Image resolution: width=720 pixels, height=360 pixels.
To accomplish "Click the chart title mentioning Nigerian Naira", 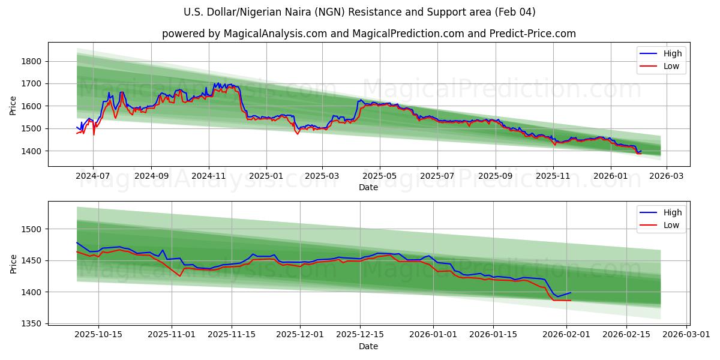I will pyautogui.click(x=360, y=12).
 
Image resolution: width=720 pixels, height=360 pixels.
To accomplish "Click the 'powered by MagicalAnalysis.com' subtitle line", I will pyautogui.click(x=368, y=34).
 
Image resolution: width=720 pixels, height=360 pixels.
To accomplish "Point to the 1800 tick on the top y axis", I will pyautogui.click(x=31, y=61).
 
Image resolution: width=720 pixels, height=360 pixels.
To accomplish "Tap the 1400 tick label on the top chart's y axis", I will pyautogui.click(x=31, y=151).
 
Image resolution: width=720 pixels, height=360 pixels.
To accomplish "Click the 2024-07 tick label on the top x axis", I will pyautogui.click(x=93, y=176).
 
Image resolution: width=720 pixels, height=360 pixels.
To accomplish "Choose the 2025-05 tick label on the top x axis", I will pyautogui.click(x=379, y=176).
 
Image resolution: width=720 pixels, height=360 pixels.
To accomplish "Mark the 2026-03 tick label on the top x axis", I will pyautogui.click(x=667, y=176).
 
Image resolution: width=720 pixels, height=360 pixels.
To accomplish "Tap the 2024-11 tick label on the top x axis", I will pyautogui.click(x=209, y=176).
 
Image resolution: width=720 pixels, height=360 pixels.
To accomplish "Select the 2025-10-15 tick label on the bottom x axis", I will pyautogui.click(x=98, y=334).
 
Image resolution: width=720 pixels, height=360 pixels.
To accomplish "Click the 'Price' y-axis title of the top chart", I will pyautogui.click(x=13, y=106).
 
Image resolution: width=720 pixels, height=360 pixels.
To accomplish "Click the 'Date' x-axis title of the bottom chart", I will pyautogui.click(x=368, y=346).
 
